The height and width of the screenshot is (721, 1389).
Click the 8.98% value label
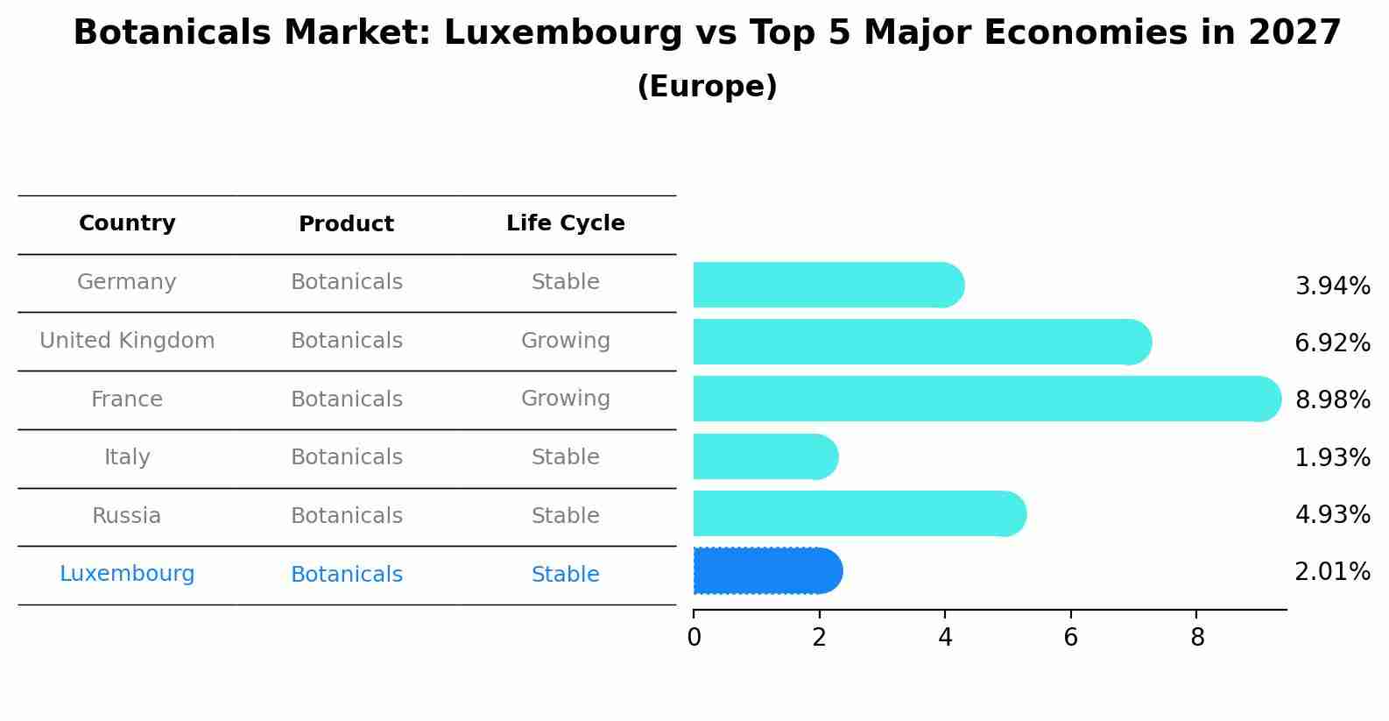click(1332, 400)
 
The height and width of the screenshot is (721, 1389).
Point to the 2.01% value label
click(1332, 572)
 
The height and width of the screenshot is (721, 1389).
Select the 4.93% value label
click(1332, 515)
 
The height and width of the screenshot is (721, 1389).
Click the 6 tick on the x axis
click(1070, 638)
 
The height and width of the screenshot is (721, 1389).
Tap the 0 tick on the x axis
click(694, 638)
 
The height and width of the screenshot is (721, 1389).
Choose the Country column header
click(127, 223)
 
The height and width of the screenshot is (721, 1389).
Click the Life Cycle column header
click(565, 223)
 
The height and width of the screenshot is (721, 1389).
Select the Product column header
click(346, 224)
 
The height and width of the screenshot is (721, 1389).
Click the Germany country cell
click(127, 282)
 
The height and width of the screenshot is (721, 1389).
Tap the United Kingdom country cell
click(127, 341)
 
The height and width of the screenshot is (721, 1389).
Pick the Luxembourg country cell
click(127, 574)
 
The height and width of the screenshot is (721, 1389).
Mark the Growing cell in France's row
click(565, 399)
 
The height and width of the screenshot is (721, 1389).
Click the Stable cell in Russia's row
click(565, 516)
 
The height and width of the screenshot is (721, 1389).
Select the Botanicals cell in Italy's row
click(346, 457)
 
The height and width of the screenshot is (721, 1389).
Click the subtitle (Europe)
click(707, 87)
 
